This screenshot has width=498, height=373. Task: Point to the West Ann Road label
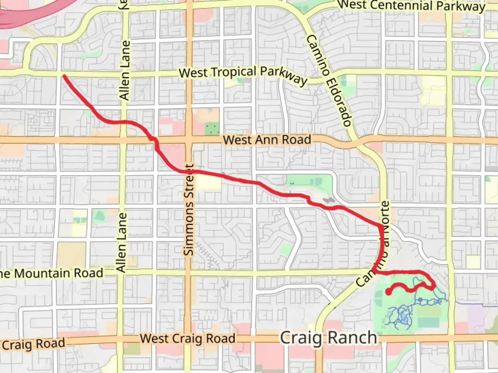tap(267, 140)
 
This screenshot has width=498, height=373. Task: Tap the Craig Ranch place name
tap(328, 338)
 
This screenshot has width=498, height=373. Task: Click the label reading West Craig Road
tap(187, 338)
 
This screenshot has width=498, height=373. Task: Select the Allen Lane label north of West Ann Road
tap(125, 71)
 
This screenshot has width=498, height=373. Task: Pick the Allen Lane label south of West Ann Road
tap(121, 242)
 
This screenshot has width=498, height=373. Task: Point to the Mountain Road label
tap(52, 274)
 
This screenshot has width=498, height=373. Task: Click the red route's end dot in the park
tap(388, 292)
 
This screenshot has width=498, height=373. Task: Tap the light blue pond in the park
tap(403, 316)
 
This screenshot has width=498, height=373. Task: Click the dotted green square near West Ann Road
tap(212, 129)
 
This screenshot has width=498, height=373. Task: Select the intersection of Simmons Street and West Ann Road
tap(189, 140)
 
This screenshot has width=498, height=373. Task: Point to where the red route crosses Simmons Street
tap(189, 172)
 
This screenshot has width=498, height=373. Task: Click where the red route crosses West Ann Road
tap(154, 140)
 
